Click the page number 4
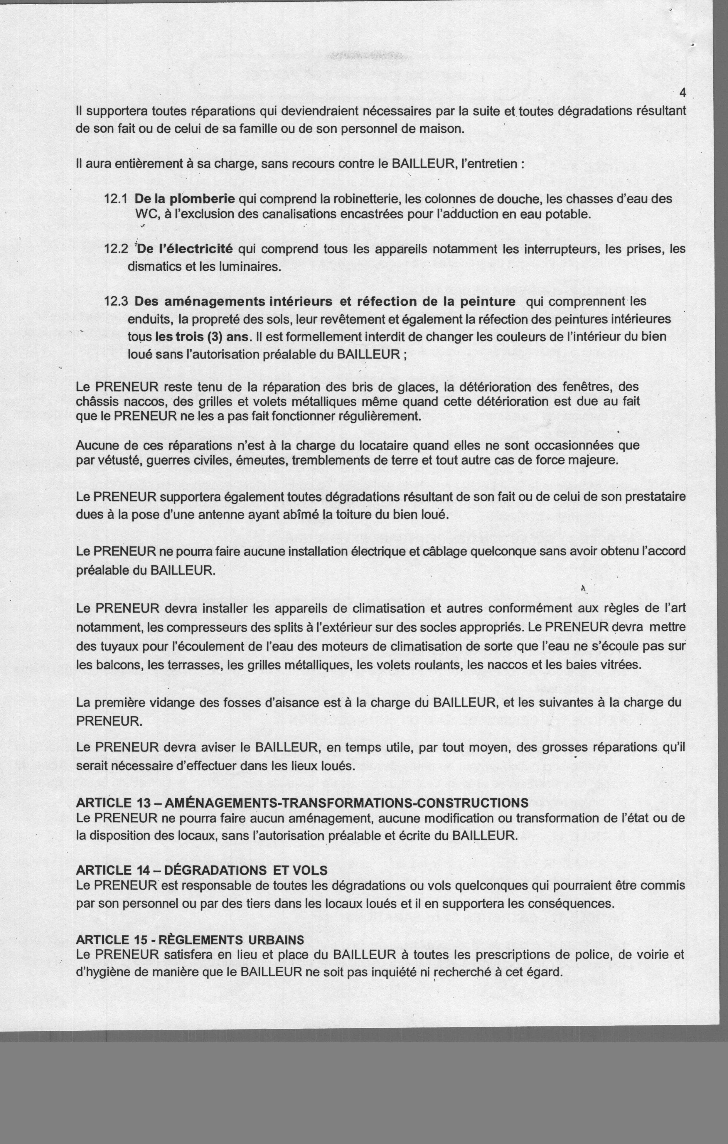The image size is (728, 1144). [x=683, y=93]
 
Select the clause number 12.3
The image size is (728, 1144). [x=117, y=302]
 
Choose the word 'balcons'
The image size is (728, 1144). [x=118, y=664]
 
